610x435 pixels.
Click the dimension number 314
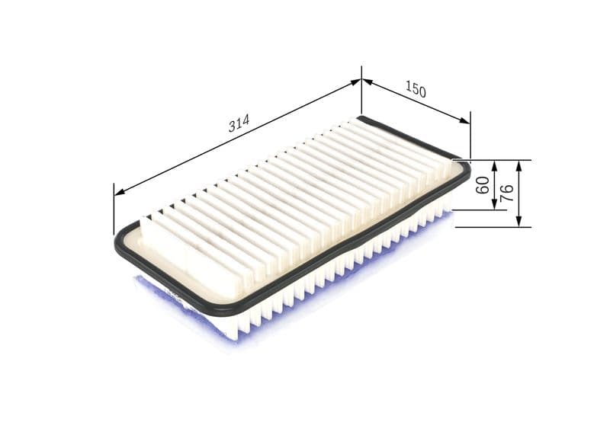tap(239, 123)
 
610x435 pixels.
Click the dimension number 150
tap(415, 89)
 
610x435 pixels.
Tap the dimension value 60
tap(482, 185)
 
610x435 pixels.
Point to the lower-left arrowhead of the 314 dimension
tap(119, 192)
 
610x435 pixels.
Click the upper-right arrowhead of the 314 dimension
tap(356, 81)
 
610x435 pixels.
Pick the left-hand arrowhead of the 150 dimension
tap(367, 81)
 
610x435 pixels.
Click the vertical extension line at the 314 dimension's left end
tap(114, 210)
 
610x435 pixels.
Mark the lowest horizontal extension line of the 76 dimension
tap(488, 227)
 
